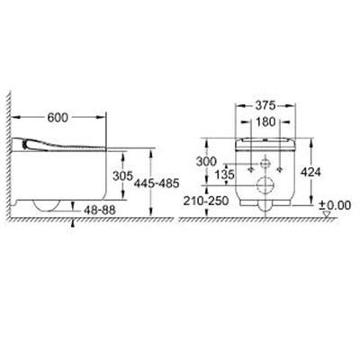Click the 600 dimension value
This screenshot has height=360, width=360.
[58, 118]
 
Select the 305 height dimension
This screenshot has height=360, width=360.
[122, 175]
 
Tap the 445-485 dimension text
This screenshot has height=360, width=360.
[157, 183]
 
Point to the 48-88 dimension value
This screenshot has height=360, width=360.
[98, 211]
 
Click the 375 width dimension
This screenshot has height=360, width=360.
[265, 105]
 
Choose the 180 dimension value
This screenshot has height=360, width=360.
[265, 121]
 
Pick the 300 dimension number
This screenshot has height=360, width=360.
[206, 162]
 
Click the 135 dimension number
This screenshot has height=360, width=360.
[224, 175]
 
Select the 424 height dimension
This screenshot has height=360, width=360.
[310, 172]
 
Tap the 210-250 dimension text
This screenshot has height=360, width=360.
[206, 201]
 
